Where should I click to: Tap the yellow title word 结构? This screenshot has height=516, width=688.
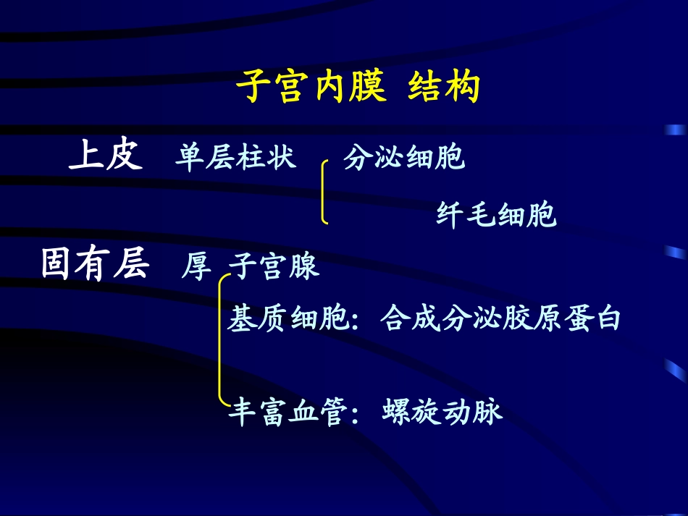click(x=444, y=88)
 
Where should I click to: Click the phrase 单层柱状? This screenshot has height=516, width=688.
click(x=236, y=157)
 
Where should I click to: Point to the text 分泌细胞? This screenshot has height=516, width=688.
click(x=404, y=157)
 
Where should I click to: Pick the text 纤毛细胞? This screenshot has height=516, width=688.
click(x=497, y=214)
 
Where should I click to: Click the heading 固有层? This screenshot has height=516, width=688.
click(x=95, y=265)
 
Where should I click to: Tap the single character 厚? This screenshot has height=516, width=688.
click(x=196, y=267)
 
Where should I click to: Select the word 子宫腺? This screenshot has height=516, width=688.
click(x=274, y=266)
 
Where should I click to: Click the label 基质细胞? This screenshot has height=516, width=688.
click(x=289, y=318)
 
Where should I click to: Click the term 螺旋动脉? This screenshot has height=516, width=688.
click(x=442, y=413)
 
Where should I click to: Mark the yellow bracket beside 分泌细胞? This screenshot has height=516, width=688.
click(x=323, y=191)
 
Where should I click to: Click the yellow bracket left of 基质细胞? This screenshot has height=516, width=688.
click(x=220, y=340)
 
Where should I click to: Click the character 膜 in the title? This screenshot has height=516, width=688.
click(x=370, y=88)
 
